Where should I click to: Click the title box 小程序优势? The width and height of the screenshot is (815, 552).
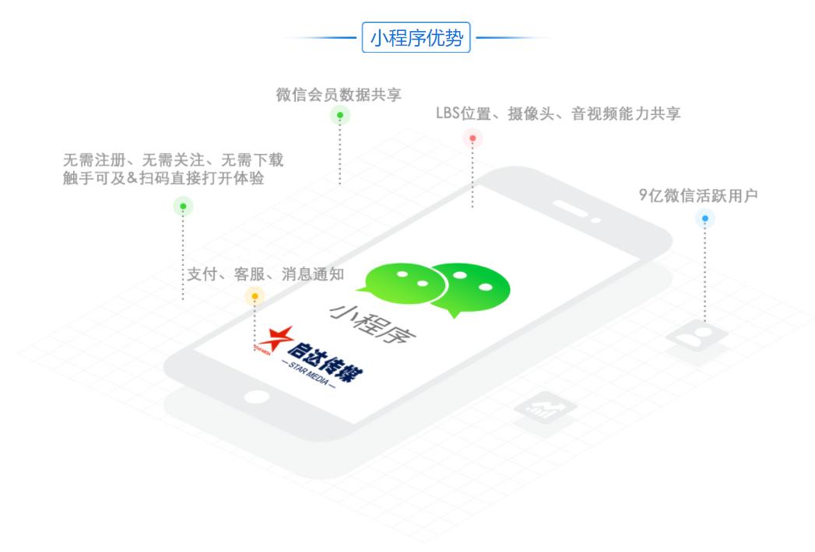[x=416, y=37]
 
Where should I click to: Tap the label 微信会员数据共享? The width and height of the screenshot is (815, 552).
[x=339, y=95]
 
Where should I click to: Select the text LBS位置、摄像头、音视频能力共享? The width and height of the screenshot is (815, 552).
[x=557, y=114]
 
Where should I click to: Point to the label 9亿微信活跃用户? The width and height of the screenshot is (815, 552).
[x=698, y=195]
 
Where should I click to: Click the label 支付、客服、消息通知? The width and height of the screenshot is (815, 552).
[x=265, y=274]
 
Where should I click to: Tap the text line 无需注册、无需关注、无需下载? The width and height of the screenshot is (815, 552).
[x=173, y=159]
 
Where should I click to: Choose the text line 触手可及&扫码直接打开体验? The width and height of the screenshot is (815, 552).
[x=163, y=177]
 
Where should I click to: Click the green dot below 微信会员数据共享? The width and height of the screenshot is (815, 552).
[x=340, y=115]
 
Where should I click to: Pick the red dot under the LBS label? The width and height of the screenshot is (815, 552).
[x=472, y=138]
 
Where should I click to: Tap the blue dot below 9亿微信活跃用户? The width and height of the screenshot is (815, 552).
[x=704, y=218]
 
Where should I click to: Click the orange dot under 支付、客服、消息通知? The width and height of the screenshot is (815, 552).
[x=255, y=296]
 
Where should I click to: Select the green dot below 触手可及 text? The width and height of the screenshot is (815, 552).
[x=183, y=206]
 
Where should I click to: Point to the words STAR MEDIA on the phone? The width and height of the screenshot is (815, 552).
[x=309, y=374]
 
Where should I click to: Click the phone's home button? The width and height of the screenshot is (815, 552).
[x=257, y=397]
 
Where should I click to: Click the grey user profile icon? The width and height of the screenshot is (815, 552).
[x=697, y=337]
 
